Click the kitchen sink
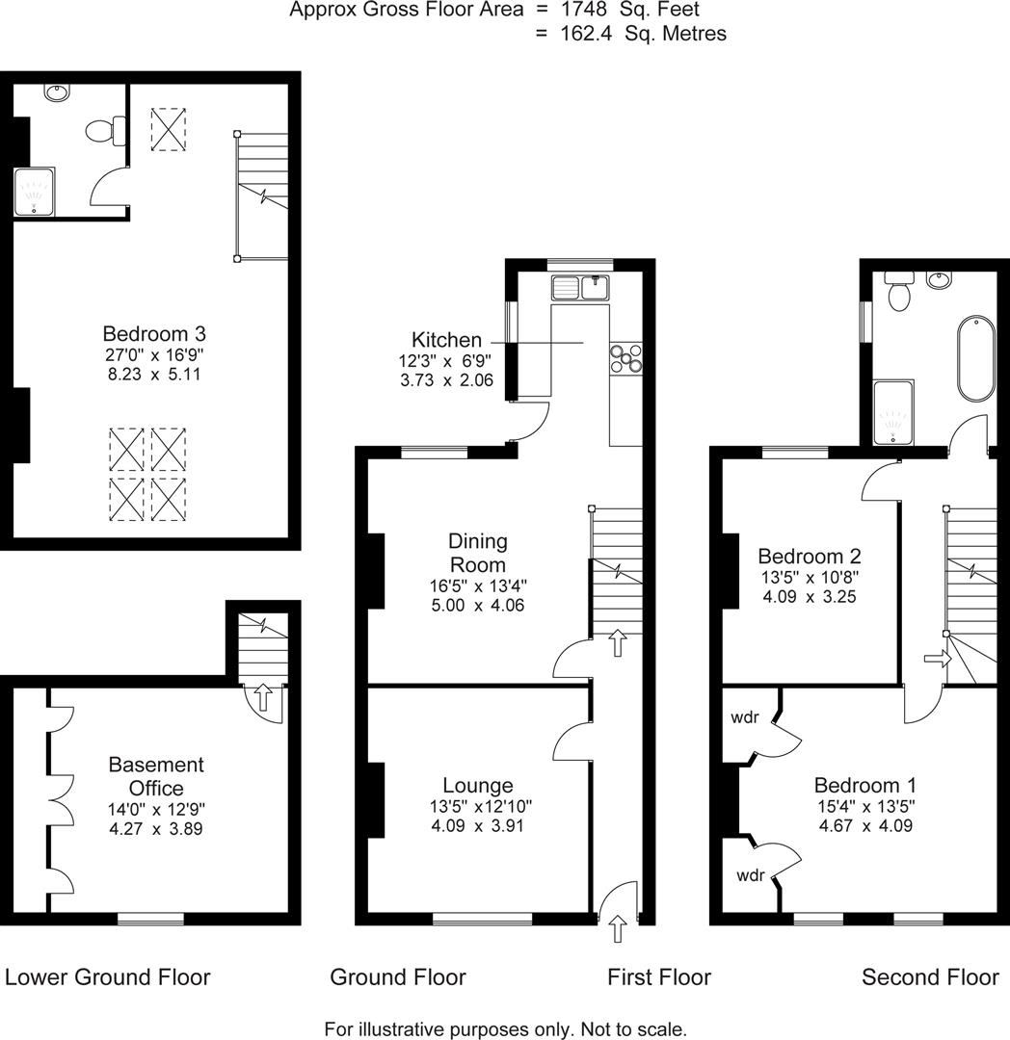tap(580, 286)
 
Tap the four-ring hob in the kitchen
tap(625, 357)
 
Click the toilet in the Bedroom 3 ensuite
tap(105, 130)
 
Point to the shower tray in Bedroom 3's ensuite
tap(36, 193)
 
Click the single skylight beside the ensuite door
tap(171, 129)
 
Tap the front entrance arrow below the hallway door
tap(618, 929)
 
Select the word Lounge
tap(477, 786)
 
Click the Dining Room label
tap(477, 553)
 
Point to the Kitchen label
tap(446, 340)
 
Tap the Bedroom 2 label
tap(809, 557)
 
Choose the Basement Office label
tap(155, 776)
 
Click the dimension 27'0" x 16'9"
tap(154, 355)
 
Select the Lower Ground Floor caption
tap(108, 977)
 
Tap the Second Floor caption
tap(930, 977)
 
